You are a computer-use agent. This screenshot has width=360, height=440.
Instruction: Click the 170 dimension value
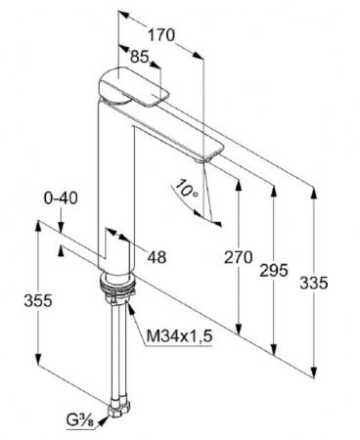161,35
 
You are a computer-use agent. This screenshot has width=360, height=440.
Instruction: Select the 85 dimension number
140,57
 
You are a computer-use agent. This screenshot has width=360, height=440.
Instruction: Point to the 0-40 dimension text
61,198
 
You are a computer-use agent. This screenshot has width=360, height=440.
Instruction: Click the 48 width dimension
157,257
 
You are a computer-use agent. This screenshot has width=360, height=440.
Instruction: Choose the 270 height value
239,257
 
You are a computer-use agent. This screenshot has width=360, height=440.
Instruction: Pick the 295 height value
274,270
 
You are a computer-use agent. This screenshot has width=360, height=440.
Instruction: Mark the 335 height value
314,283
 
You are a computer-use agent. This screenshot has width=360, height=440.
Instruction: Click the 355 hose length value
38,300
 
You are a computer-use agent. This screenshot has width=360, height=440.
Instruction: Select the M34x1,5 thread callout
180,335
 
